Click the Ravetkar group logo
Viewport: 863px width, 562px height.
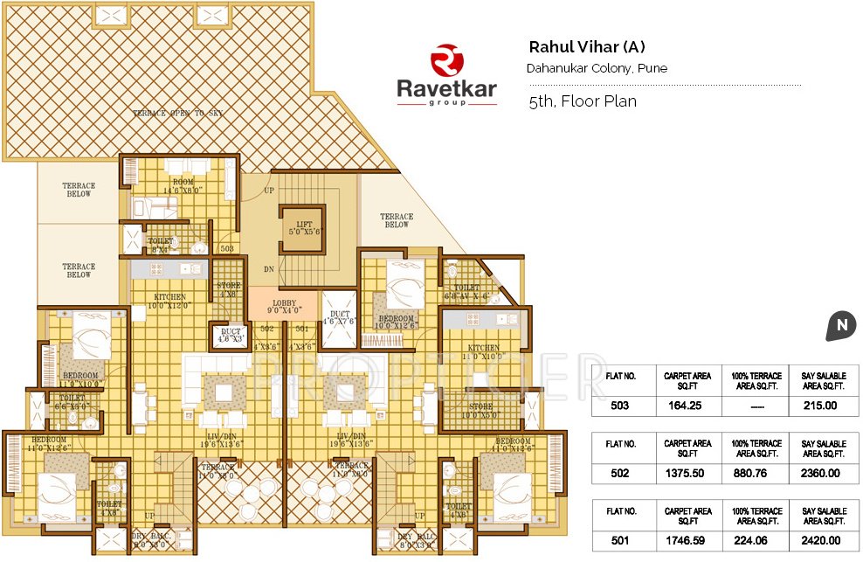click(446, 76)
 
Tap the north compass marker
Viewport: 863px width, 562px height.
click(840, 326)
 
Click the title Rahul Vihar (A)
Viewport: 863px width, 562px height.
click(587, 47)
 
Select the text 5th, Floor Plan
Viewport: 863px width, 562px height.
click(582, 101)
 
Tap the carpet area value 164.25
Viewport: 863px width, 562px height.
click(688, 406)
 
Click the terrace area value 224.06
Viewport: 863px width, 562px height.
click(756, 541)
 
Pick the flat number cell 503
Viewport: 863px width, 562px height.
click(620, 406)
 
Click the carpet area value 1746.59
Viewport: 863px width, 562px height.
click(688, 541)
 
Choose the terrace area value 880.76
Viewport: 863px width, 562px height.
click(756, 474)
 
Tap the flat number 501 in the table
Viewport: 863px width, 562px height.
click(620, 541)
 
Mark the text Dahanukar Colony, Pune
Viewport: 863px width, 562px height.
click(597, 68)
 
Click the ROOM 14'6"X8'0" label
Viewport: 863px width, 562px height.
click(182, 184)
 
